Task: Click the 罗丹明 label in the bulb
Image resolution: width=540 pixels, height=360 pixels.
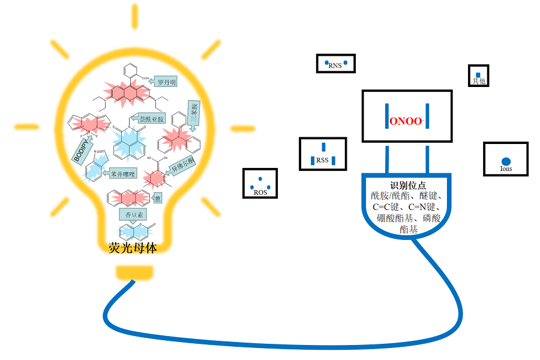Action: coord(164,82)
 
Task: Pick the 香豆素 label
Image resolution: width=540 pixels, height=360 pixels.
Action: coord(132,214)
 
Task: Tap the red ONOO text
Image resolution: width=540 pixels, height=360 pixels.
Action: coord(406,121)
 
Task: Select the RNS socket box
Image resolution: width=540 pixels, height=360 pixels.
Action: coord(335,64)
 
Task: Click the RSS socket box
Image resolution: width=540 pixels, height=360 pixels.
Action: coord(323,154)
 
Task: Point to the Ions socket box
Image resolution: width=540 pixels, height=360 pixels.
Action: coord(506,159)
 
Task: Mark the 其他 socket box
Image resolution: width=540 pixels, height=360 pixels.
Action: coord(478,76)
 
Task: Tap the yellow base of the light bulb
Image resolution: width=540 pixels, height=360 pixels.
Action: coord(134,273)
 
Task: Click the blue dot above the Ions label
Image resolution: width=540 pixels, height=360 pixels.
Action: coord(506,161)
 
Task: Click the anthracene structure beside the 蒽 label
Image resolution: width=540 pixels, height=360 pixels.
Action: coord(127,197)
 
